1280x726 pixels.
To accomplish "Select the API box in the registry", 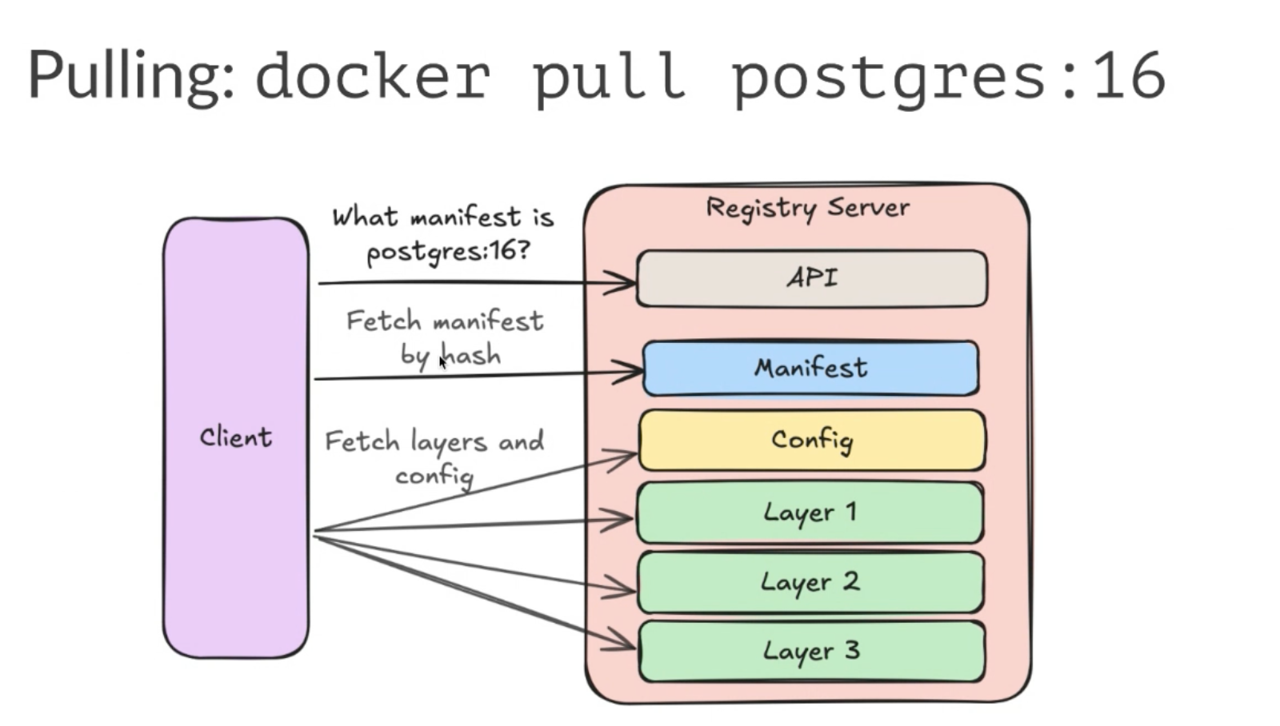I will tap(811, 278).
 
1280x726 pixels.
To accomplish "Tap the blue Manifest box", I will tap(810, 368).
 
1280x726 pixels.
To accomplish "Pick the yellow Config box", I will tap(811, 440).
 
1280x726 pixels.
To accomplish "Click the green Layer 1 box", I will tap(810, 512).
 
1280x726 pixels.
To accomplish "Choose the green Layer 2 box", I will tap(810, 582).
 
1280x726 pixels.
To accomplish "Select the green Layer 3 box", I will tap(811, 651).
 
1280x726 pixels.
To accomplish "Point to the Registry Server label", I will tap(807, 208).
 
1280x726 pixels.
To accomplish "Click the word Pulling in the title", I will tap(130, 77).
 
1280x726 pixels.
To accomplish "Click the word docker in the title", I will tap(372, 76).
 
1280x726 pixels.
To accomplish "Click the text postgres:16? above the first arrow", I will tap(447, 251).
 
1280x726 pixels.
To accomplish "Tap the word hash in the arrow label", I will tap(472, 354).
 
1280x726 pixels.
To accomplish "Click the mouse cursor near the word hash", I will tap(442, 362).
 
